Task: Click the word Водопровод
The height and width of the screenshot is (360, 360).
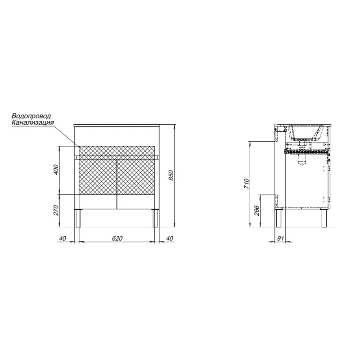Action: click(31, 116)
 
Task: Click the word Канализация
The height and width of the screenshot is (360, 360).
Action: click(33, 122)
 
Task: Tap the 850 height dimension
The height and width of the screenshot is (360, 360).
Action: click(172, 175)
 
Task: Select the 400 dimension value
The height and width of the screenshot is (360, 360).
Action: click(56, 170)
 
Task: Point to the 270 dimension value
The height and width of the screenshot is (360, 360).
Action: click(56, 210)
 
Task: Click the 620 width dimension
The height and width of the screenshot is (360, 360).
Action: click(117, 238)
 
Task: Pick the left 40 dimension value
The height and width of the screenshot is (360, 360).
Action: click(63, 238)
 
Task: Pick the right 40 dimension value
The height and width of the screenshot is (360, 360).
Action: click(170, 238)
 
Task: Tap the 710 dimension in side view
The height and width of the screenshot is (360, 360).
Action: click(246, 184)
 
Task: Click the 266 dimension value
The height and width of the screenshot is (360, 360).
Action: click(256, 211)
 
